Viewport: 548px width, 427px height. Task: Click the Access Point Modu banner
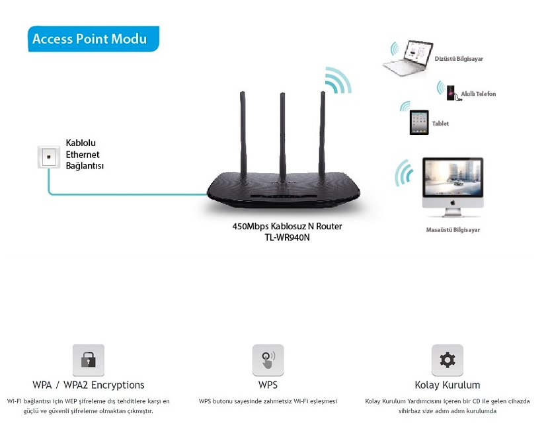pos(93,39)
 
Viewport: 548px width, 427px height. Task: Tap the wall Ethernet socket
pos(48,157)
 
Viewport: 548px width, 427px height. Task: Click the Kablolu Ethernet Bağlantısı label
pos(85,154)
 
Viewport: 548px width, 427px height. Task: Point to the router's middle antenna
pos(283,136)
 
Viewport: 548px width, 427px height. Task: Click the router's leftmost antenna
pos(243,135)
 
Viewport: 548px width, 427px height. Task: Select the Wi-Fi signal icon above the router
pos(338,81)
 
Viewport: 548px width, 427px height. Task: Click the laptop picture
pos(409,58)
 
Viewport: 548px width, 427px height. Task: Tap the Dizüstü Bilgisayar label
pos(459,59)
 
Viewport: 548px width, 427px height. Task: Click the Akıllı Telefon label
pos(478,94)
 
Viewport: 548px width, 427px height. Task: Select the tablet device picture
pos(419,122)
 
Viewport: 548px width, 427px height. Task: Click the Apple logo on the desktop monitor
pos(453,202)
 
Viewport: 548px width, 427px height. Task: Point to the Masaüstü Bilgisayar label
pos(453,229)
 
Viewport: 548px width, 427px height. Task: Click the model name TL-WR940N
pos(287,237)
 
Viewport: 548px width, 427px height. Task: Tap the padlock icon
pos(89,360)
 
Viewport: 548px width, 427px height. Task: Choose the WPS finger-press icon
pos(268,360)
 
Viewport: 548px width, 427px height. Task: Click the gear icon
pos(448,360)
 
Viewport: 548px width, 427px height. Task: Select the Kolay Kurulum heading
pos(448,385)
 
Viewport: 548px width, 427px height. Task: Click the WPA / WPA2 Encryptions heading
pos(89,385)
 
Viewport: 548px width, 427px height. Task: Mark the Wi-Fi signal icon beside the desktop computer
pos(404,173)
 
